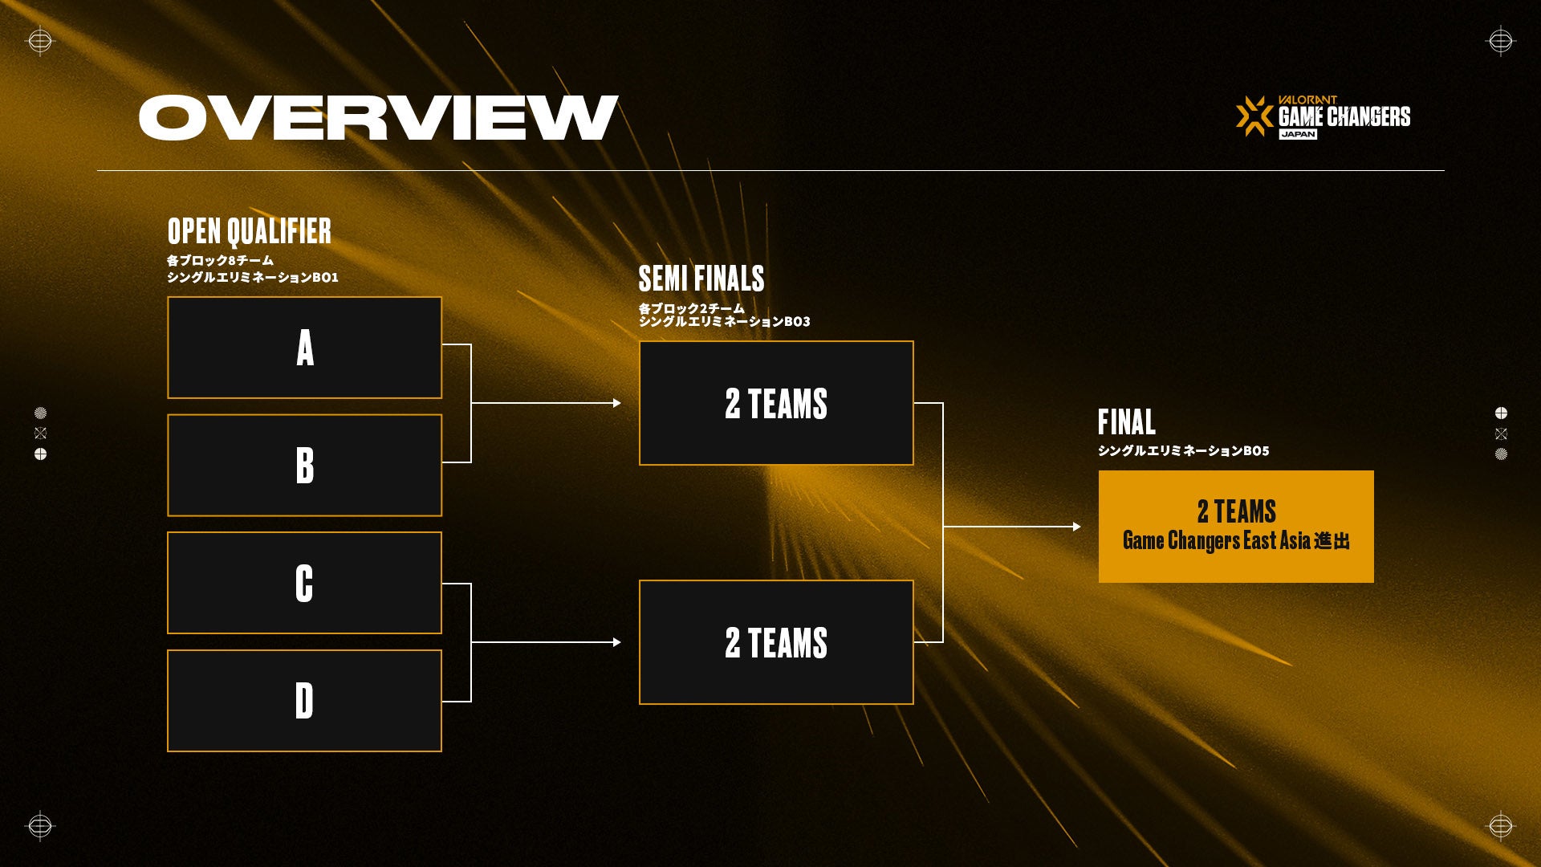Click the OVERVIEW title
(x=378, y=118)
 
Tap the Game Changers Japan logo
(x=1323, y=117)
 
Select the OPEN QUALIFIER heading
(x=250, y=231)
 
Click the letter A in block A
(x=305, y=348)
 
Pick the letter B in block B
(x=305, y=465)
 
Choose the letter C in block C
(x=304, y=583)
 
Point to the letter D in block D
(x=304, y=701)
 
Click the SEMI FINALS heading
(x=701, y=279)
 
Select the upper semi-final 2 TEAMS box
(x=776, y=403)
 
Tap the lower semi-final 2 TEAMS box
(x=776, y=642)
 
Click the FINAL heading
(x=1127, y=422)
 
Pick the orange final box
(x=1236, y=527)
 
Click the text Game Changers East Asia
(x=1217, y=541)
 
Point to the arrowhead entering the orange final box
(x=1077, y=527)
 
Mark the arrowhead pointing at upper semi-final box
(x=617, y=403)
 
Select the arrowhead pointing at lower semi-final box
(x=617, y=642)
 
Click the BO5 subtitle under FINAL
(x=1184, y=451)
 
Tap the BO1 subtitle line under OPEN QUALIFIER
(x=253, y=278)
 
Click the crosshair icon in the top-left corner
(x=39, y=41)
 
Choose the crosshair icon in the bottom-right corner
(x=1500, y=826)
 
